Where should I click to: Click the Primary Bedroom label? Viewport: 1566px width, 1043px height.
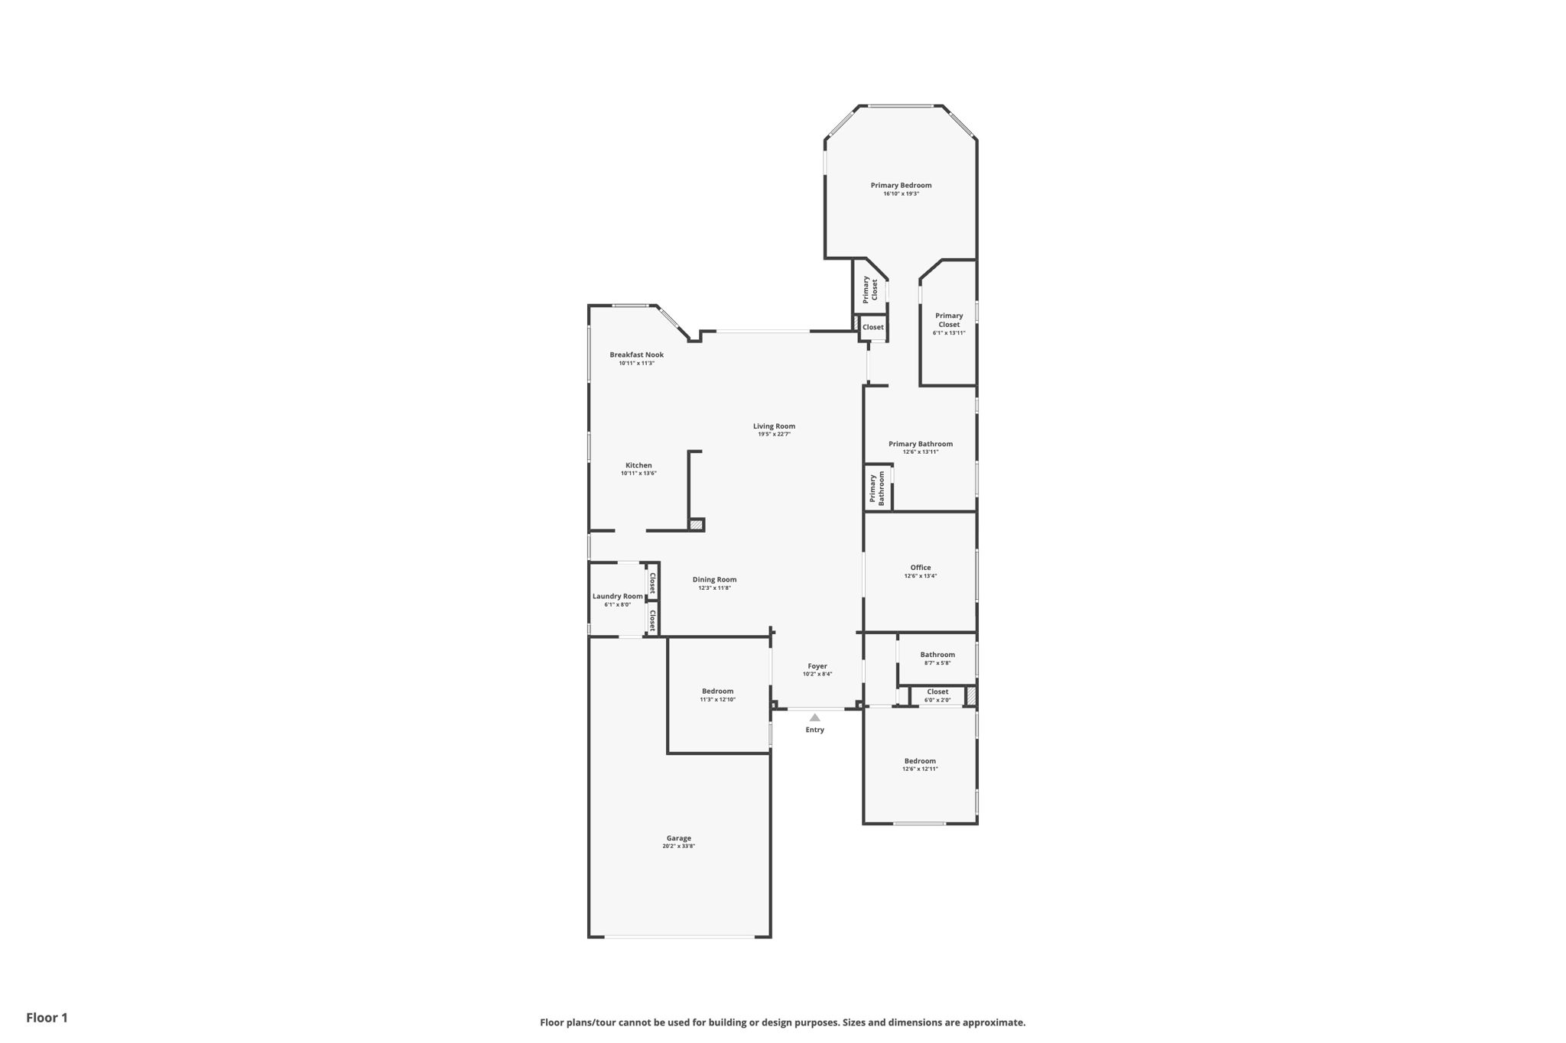[x=901, y=185]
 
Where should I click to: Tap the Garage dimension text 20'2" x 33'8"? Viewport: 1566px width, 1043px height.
[x=678, y=846]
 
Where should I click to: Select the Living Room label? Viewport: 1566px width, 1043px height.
[x=774, y=426]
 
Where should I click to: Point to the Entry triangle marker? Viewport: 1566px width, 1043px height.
[x=815, y=717]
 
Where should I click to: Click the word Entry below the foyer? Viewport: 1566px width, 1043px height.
[x=815, y=730]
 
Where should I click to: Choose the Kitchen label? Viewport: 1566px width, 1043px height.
[x=638, y=465]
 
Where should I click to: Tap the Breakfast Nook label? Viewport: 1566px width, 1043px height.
[x=636, y=355]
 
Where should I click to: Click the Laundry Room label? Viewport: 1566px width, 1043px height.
[x=618, y=596]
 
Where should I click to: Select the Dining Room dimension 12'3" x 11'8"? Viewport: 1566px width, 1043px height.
[x=714, y=588]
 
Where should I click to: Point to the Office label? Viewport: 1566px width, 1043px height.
[x=921, y=568]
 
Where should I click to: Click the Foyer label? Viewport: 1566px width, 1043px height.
[x=817, y=666]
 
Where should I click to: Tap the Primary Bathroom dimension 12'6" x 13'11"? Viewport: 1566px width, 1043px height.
[x=921, y=452]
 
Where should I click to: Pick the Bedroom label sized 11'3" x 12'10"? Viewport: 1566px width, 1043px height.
[x=717, y=695]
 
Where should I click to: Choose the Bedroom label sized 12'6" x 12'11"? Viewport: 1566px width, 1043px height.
[x=920, y=765]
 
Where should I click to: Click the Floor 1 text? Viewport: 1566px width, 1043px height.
[x=47, y=1018]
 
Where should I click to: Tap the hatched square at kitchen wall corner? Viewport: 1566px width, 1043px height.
[x=696, y=525]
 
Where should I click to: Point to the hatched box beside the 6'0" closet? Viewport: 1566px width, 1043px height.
[x=970, y=696]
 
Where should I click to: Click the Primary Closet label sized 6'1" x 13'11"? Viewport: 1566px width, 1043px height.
[x=949, y=324]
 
